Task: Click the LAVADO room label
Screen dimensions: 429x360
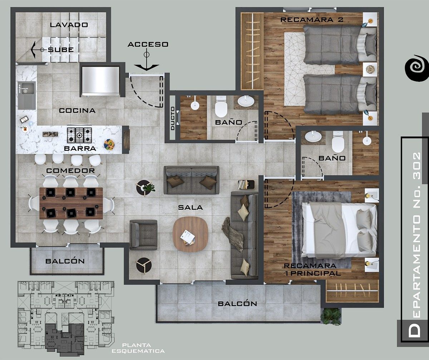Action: pyautogui.click(x=69, y=25)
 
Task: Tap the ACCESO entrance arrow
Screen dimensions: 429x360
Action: pyautogui.click(x=147, y=60)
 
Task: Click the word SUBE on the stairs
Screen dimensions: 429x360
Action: pyautogui.click(x=61, y=50)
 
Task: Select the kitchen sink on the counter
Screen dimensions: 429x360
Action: pyautogui.click(x=27, y=95)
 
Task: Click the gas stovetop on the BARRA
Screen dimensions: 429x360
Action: pyautogui.click(x=79, y=135)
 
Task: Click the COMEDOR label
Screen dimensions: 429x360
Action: pyautogui.click(x=70, y=171)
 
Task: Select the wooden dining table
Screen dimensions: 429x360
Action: pyautogui.click(x=71, y=203)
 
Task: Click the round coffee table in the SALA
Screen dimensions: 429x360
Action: pyautogui.click(x=191, y=234)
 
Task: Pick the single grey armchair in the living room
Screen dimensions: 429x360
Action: pyautogui.click(x=143, y=235)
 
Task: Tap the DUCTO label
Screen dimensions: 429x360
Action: pyautogui.click(x=173, y=119)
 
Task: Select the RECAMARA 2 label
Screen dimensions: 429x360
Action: pyautogui.click(x=312, y=20)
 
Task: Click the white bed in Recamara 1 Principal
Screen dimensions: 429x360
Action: pyautogui.click(x=339, y=230)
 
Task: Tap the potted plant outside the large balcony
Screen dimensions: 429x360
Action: pyautogui.click(x=331, y=316)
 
